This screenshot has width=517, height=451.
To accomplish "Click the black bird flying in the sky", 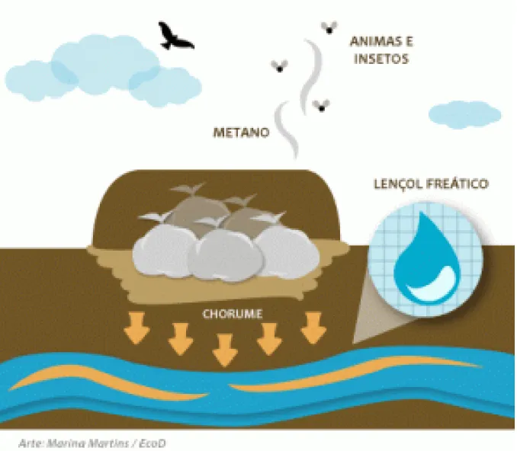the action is click(174, 37).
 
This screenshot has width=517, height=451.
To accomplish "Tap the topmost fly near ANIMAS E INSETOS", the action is click(329, 27).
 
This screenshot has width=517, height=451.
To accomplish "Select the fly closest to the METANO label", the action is click(279, 66).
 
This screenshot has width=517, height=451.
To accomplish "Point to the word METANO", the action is click(242, 133).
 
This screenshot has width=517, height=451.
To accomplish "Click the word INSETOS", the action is click(381, 59).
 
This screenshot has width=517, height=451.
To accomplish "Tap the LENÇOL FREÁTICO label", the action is click(431, 184).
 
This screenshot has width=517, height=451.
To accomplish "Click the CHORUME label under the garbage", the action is click(233, 314).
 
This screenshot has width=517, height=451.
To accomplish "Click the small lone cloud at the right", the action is click(464, 114).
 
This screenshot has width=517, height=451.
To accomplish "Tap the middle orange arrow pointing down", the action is click(225, 350).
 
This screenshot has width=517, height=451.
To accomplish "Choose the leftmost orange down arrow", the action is click(136, 328).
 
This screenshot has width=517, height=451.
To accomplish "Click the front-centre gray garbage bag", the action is click(226, 254).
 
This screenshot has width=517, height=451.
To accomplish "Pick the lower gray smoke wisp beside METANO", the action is click(286, 130).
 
